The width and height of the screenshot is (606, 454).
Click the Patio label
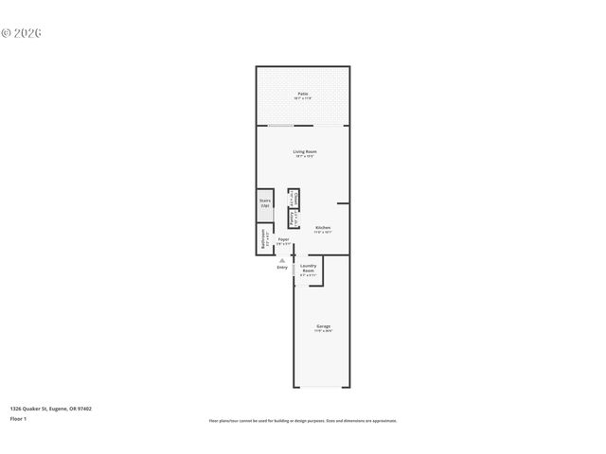pyautogui.click(x=303, y=94)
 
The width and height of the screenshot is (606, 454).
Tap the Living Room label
pyautogui.click(x=304, y=151)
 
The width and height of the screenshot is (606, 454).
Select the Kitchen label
pyautogui.click(x=323, y=227)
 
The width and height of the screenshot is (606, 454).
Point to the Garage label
pyautogui.click(x=323, y=326)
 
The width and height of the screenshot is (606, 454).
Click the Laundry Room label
pyautogui.click(x=309, y=268)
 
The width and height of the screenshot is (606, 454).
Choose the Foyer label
pyautogui.click(x=283, y=239)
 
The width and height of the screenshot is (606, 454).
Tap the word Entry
pyautogui.click(x=282, y=268)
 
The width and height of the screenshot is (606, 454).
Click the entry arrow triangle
pyautogui.click(x=281, y=259)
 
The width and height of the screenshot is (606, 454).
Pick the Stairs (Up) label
pyautogui.click(x=265, y=202)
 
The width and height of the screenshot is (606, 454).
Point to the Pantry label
pyautogui.click(x=292, y=218)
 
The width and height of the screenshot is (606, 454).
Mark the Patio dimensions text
pyautogui.click(x=303, y=98)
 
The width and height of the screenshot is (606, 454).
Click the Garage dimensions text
pyautogui.click(x=323, y=331)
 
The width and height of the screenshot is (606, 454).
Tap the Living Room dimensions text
pyautogui.click(x=304, y=156)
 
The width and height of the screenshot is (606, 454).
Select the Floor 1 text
pyautogui.click(x=18, y=418)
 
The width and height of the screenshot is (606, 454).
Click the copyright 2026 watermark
pyautogui.click(x=22, y=33)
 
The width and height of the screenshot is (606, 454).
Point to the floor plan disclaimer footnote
pyautogui.click(x=303, y=421)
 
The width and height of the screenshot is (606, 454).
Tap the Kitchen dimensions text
pyautogui.click(x=323, y=232)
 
